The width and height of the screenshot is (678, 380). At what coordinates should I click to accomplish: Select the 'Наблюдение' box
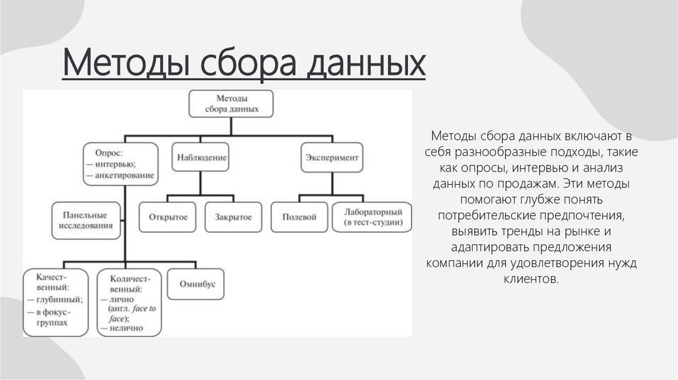(x=202, y=158)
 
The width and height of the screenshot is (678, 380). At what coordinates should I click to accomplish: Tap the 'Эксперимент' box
(x=332, y=158)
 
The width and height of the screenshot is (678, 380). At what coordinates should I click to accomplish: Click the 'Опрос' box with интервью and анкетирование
(x=120, y=164)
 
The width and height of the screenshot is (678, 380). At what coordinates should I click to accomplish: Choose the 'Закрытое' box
(x=228, y=217)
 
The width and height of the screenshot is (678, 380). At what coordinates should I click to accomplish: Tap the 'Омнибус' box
(x=197, y=284)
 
